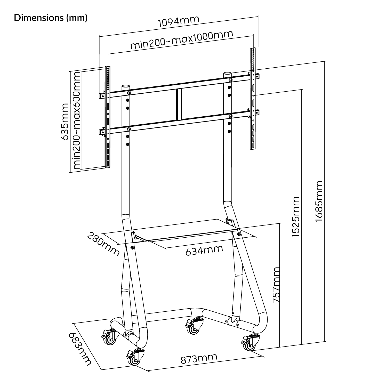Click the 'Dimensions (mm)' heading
(x=51, y=18)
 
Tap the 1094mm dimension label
(x=179, y=21)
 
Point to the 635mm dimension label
(x=65, y=122)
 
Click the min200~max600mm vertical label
(x=77, y=120)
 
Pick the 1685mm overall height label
(x=319, y=201)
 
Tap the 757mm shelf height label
(x=276, y=285)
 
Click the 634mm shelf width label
(x=204, y=250)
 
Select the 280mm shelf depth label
(x=103, y=244)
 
